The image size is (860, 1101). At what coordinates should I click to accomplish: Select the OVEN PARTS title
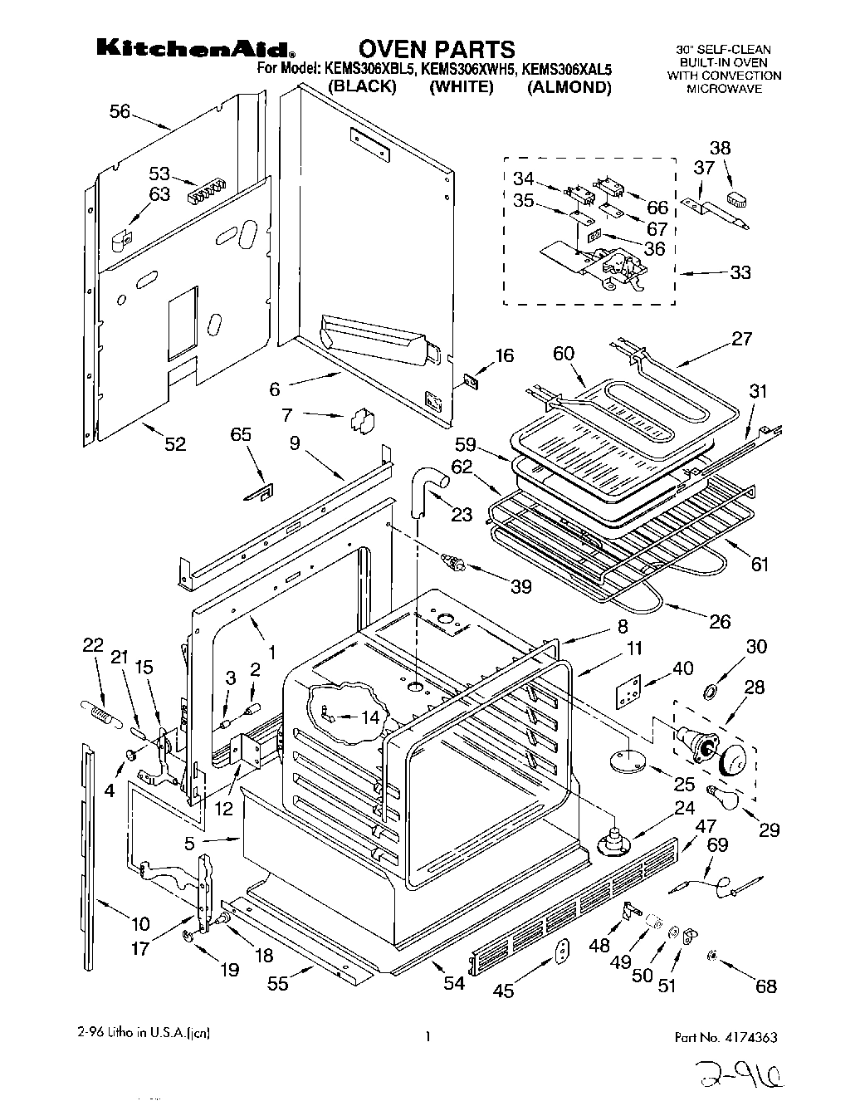[x=437, y=49]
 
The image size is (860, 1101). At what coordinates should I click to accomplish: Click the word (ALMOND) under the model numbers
[x=569, y=87]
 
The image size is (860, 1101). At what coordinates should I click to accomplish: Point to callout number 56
[x=120, y=111]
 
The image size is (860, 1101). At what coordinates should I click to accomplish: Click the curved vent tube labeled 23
[x=428, y=486]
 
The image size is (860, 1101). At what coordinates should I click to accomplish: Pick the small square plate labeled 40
[x=628, y=691]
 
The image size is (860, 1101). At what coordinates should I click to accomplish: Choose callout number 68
[x=765, y=986]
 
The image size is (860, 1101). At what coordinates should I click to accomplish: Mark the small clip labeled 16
[x=471, y=381]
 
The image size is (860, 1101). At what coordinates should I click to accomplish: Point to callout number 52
[x=174, y=444]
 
